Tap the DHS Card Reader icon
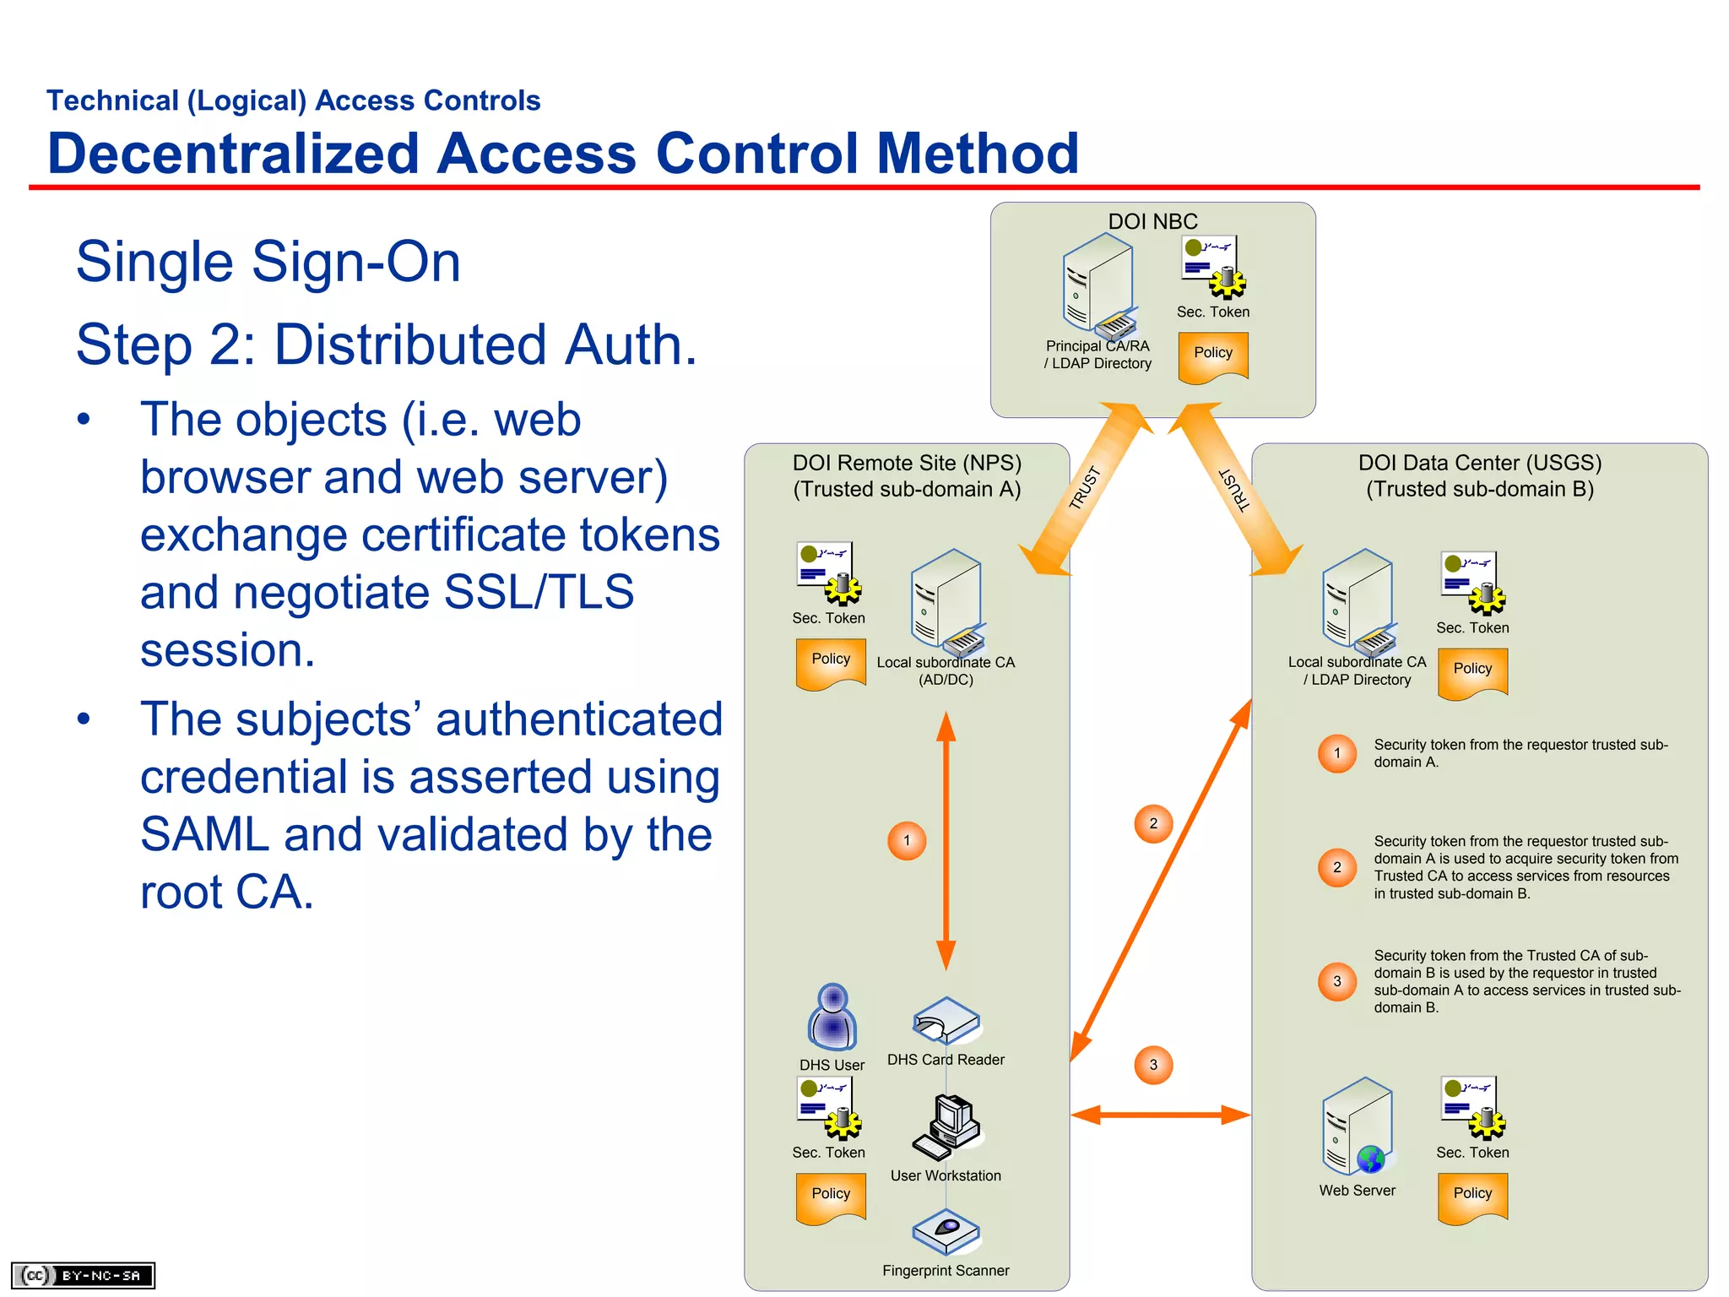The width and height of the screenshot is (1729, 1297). pos(946,1021)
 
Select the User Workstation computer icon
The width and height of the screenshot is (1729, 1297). pos(946,1126)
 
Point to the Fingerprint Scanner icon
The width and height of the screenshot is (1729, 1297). pos(946,1232)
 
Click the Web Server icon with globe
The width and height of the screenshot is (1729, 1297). pos(1356,1126)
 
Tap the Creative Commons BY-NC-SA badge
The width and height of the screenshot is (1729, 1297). pos(83,1275)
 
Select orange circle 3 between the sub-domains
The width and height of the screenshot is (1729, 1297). pos(1153,1065)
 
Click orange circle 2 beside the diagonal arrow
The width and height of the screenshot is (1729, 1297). pos(1153,823)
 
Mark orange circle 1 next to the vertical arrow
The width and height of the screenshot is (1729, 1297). pos(907,840)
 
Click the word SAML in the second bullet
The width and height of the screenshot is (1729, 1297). pos(204,834)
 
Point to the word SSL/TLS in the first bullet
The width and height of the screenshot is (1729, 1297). pos(539,592)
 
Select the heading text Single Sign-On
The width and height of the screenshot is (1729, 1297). pos(268,262)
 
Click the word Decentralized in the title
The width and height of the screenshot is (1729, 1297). pos(233,154)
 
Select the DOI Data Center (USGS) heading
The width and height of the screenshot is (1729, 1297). pos(1479,463)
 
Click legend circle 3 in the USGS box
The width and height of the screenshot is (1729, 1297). pos(1336,981)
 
